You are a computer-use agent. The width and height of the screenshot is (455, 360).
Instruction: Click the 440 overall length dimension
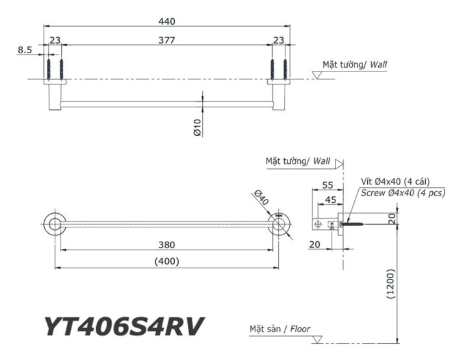tap(167, 21)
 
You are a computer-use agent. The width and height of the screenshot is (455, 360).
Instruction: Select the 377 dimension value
tap(167, 40)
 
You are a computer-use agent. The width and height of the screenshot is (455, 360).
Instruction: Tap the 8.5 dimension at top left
tap(25, 49)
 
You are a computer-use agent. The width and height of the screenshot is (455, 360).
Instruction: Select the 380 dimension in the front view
tap(167, 245)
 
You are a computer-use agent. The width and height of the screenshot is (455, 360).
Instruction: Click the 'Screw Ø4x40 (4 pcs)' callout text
tap(402, 193)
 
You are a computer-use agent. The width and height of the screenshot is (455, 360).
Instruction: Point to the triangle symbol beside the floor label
tap(317, 339)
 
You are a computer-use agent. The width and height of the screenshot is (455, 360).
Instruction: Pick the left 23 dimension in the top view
tap(55, 40)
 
